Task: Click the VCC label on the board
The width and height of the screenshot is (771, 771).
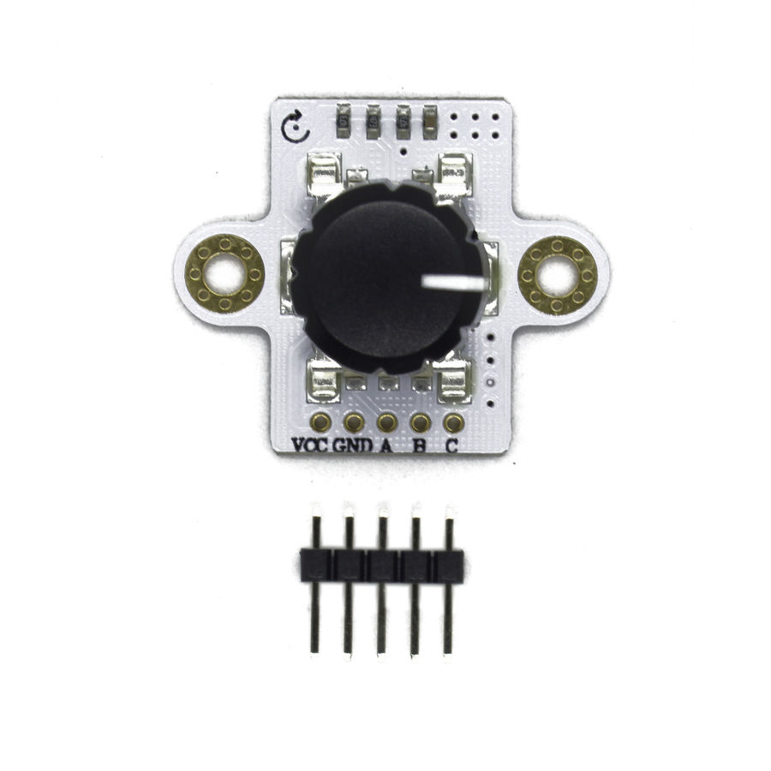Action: click(309, 445)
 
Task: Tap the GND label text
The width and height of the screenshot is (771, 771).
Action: click(353, 445)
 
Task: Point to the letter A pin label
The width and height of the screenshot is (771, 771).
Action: click(386, 445)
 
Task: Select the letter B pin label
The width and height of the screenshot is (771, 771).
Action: click(420, 445)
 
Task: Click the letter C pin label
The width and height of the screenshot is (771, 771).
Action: click(451, 445)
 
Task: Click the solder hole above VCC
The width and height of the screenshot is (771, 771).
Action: click(321, 422)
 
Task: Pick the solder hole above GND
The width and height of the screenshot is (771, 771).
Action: click(354, 422)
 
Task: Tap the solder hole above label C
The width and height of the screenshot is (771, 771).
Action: click(453, 422)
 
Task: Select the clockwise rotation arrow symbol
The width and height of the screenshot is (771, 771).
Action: click(296, 128)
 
